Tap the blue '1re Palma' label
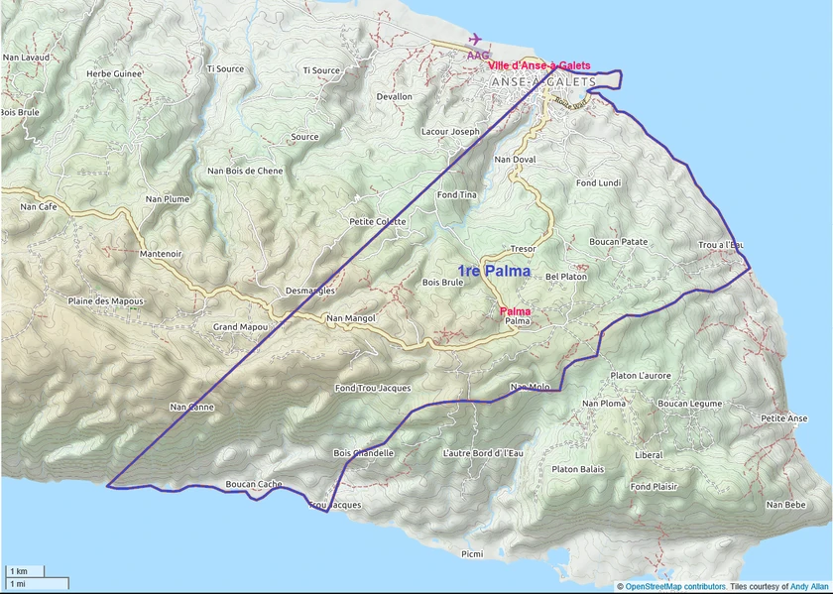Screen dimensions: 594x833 (493, 271)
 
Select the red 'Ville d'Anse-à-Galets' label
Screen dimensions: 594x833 (539, 65)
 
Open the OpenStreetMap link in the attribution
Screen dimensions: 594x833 (660, 587)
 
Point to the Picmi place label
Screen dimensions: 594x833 (472, 553)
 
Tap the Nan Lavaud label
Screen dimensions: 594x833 (26, 58)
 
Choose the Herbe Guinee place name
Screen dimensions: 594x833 (113, 73)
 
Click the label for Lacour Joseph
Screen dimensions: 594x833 (450, 131)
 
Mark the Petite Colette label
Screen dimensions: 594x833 (378, 221)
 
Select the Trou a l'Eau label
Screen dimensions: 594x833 (721, 244)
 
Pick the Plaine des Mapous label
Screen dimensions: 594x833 (105, 301)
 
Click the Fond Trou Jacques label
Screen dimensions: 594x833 (373, 388)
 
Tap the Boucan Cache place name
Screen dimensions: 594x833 (254, 484)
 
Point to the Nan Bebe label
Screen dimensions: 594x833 (785, 505)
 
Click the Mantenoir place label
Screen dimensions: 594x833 (161, 254)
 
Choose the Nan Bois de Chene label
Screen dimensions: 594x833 (245, 171)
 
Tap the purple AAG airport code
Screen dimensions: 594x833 (478, 56)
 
